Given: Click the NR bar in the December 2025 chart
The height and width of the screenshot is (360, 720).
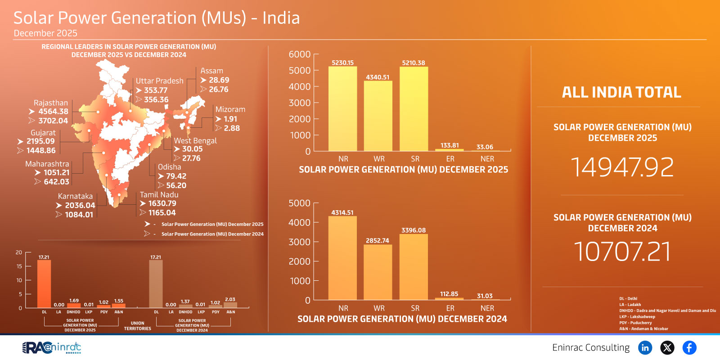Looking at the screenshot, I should pos(342,109).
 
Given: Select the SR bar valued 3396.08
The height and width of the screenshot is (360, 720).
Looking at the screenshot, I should pos(414,267).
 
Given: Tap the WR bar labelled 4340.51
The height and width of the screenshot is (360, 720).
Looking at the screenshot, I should pos(378,116).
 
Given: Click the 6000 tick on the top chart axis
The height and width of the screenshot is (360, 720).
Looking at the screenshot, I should pos(300,54).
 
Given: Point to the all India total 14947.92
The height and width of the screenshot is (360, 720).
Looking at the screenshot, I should pos(622,167).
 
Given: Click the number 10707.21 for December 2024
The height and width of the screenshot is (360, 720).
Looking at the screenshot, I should pos(622,252).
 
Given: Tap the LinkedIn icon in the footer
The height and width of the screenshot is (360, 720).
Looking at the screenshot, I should pos(645,347).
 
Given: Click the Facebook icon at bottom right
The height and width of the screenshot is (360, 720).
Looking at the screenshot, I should pos(689,347).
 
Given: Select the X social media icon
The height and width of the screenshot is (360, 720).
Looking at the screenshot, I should pos(667,347).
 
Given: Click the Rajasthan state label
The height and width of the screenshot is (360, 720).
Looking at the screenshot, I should pos(50,103).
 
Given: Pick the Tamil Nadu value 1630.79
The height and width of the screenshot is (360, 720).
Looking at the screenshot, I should pos(162,203).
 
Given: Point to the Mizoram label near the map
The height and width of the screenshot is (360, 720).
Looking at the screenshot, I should pos(230,109).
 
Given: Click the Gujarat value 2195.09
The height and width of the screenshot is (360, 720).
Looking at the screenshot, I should pos(40,141).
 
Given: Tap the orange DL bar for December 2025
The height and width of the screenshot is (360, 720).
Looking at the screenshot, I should pos(44,284).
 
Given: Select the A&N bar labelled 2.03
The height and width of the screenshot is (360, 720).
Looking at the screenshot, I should pos(230,305).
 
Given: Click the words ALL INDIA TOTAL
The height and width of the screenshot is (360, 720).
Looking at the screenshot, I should pos(621,92).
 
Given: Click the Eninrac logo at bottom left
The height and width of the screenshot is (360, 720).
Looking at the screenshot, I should pos(52,347).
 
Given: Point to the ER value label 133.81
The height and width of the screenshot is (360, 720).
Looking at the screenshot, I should pos(450,145).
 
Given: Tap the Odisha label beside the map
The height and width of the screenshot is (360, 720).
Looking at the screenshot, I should pos(169,167).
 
